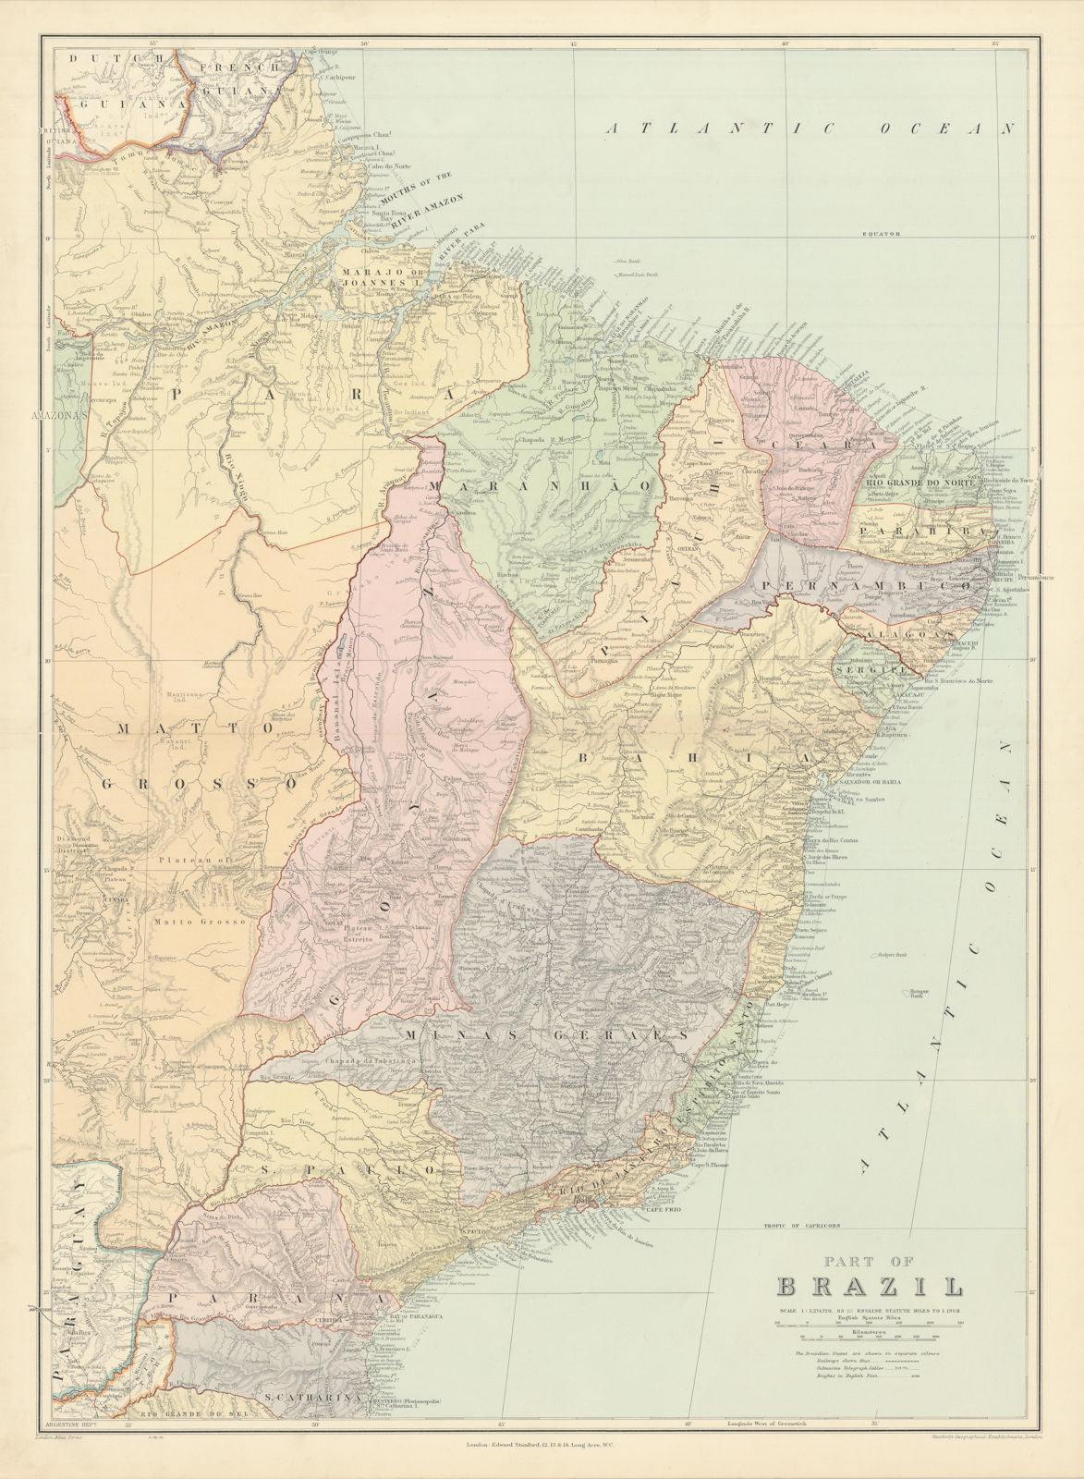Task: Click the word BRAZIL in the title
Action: coord(868,1287)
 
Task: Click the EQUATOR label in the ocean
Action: coord(882,234)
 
